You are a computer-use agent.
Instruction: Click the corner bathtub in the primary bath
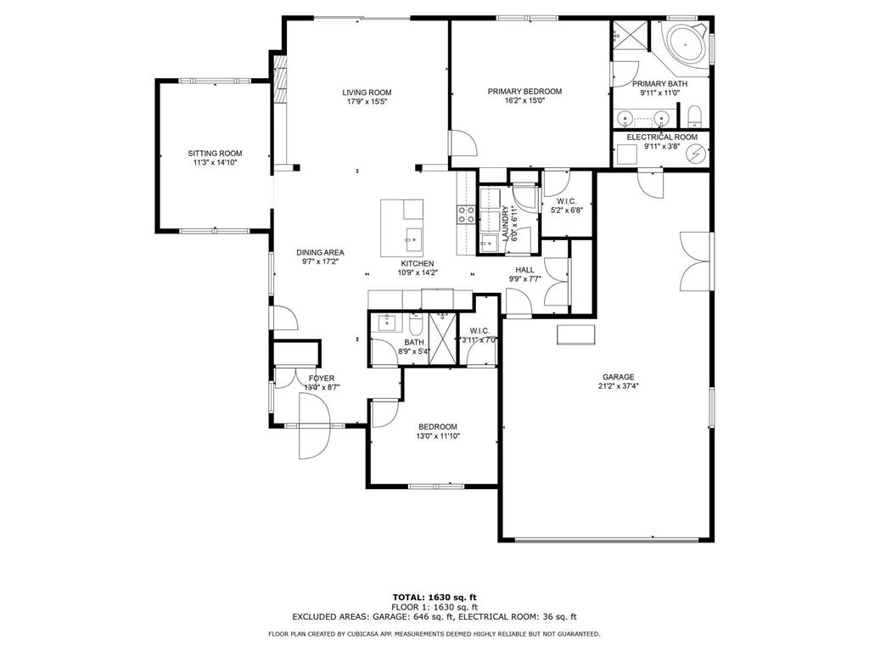pos(686,43)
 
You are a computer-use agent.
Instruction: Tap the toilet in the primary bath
pos(693,115)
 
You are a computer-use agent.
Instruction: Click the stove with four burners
pos(466,215)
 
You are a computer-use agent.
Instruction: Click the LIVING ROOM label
pos(367,93)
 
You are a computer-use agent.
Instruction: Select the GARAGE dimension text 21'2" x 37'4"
pos(619,388)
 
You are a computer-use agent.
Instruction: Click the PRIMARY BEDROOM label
pos(524,92)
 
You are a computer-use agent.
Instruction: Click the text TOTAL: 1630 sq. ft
pos(434,597)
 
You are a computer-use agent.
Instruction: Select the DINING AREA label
pos(320,252)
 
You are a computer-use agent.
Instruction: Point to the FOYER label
pos(321,378)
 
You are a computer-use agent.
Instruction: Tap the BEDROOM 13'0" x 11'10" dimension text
pos(437,437)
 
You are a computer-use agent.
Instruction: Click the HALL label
pos(524,269)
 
